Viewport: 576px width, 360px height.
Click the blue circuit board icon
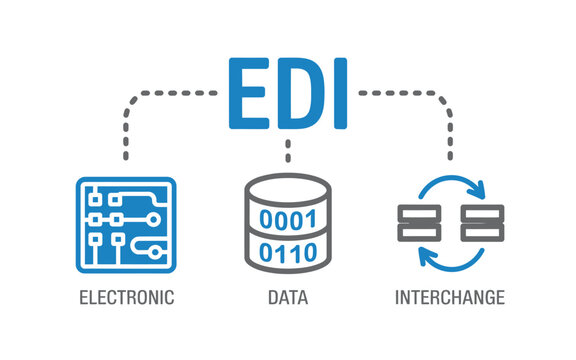click(x=126, y=226)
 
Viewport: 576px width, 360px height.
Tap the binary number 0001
click(x=288, y=219)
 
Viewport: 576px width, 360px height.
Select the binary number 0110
click(x=288, y=251)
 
